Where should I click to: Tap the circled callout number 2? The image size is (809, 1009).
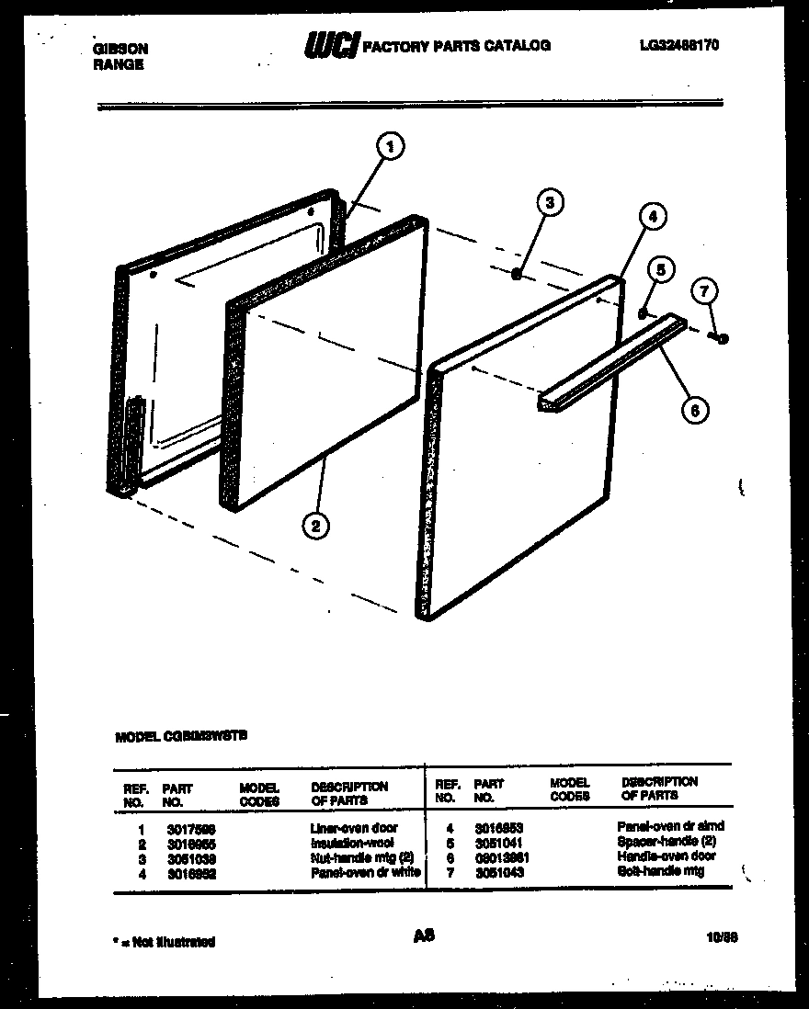pyautogui.click(x=315, y=526)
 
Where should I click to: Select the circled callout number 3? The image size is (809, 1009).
pyautogui.click(x=549, y=204)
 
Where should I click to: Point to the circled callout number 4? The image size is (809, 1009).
pyautogui.click(x=650, y=218)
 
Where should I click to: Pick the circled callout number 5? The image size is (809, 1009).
pyautogui.click(x=658, y=269)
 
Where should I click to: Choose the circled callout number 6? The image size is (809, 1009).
pyautogui.click(x=695, y=411)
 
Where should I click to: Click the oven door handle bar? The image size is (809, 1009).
pyautogui.click(x=611, y=359)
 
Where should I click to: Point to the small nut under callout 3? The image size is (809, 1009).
pyautogui.click(x=518, y=273)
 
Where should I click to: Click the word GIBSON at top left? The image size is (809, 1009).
pyautogui.click(x=120, y=49)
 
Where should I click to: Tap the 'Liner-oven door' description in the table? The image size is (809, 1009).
pyautogui.click(x=354, y=827)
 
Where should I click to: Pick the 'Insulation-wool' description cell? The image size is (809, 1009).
pyautogui.click(x=352, y=842)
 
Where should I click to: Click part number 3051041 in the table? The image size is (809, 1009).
pyautogui.click(x=499, y=842)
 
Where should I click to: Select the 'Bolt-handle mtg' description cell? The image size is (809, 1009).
pyautogui.click(x=661, y=870)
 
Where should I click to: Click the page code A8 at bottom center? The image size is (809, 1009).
pyautogui.click(x=424, y=935)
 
